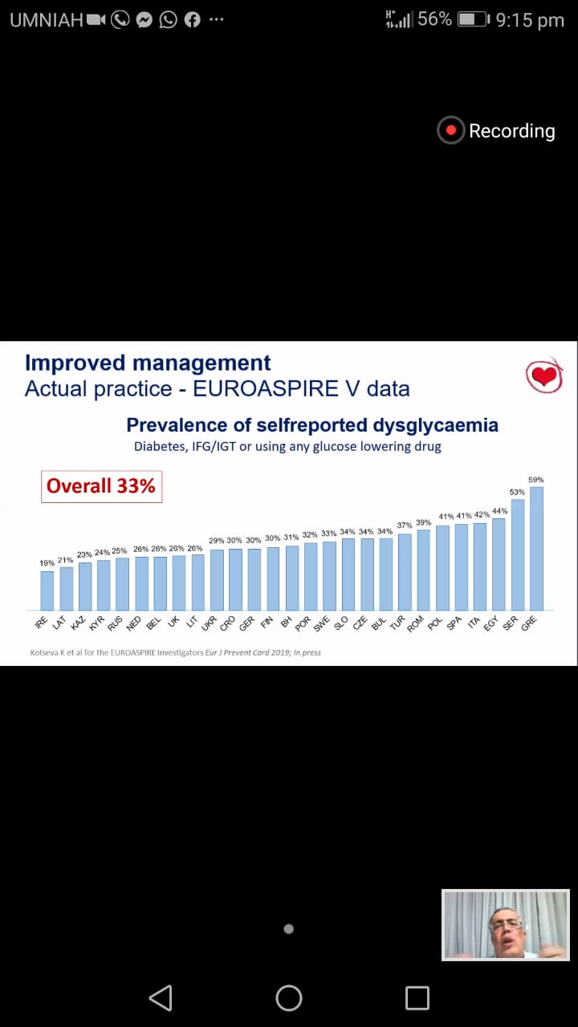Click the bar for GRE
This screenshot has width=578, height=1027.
(x=536, y=549)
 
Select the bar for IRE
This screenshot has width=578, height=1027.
(x=47, y=591)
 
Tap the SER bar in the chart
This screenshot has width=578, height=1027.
(x=518, y=554)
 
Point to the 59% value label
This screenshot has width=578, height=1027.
(x=535, y=480)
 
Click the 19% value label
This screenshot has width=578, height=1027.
(x=47, y=564)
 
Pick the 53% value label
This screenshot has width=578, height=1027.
(x=517, y=492)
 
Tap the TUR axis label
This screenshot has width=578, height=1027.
(x=397, y=623)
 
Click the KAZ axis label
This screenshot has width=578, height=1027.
(x=78, y=623)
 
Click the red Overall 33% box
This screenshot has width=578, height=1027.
(x=101, y=486)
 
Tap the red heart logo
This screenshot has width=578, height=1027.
(x=544, y=375)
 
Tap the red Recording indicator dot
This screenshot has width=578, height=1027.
(x=451, y=131)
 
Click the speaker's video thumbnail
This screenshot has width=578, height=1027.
(x=506, y=924)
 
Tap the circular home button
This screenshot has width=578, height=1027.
(x=289, y=998)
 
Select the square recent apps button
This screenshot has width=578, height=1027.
(x=417, y=998)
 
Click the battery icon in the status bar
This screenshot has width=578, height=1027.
(x=474, y=19)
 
